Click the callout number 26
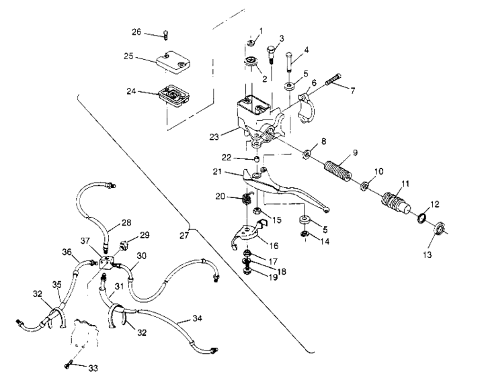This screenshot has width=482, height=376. pyautogui.click(x=137, y=31)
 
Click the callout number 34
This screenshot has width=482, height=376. pyautogui.click(x=198, y=318)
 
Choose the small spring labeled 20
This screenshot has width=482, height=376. pyautogui.click(x=247, y=199)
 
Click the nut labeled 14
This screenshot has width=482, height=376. pyautogui.click(x=304, y=234)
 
